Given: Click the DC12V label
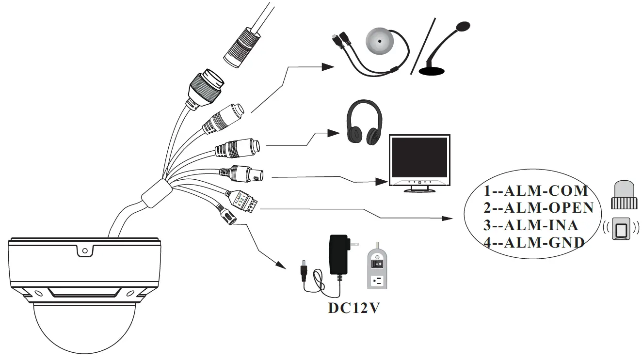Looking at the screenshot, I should coord(353,309).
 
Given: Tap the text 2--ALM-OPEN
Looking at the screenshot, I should coord(538,208).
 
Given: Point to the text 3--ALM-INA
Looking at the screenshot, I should coord(530,225).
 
